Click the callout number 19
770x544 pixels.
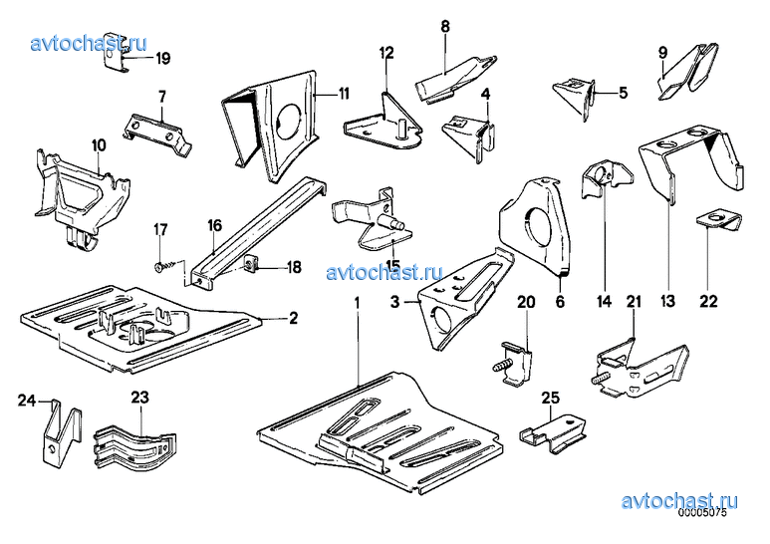pyautogui.click(x=163, y=59)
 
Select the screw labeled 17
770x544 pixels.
pyautogui.click(x=165, y=266)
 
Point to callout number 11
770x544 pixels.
pyautogui.click(x=344, y=94)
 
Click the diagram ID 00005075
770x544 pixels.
pyautogui.click(x=702, y=513)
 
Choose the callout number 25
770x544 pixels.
pyautogui.click(x=551, y=399)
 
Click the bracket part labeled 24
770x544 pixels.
pyautogui.click(x=62, y=432)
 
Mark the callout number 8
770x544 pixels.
pyautogui.click(x=445, y=27)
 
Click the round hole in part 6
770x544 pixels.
pyautogui.click(x=539, y=225)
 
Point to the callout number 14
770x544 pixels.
pyautogui.click(x=605, y=301)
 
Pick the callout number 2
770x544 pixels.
pyautogui.click(x=293, y=318)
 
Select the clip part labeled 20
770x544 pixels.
pyautogui.click(x=513, y=365)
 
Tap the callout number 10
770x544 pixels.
pyautogui.click(x=99, y=145)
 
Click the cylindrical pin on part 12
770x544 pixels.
pyautogui.click(x=401, y=131)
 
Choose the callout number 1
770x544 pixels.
pyautogui.click(x=358, y=303)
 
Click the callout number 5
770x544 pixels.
pyautogui.click(x=623, y=93)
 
